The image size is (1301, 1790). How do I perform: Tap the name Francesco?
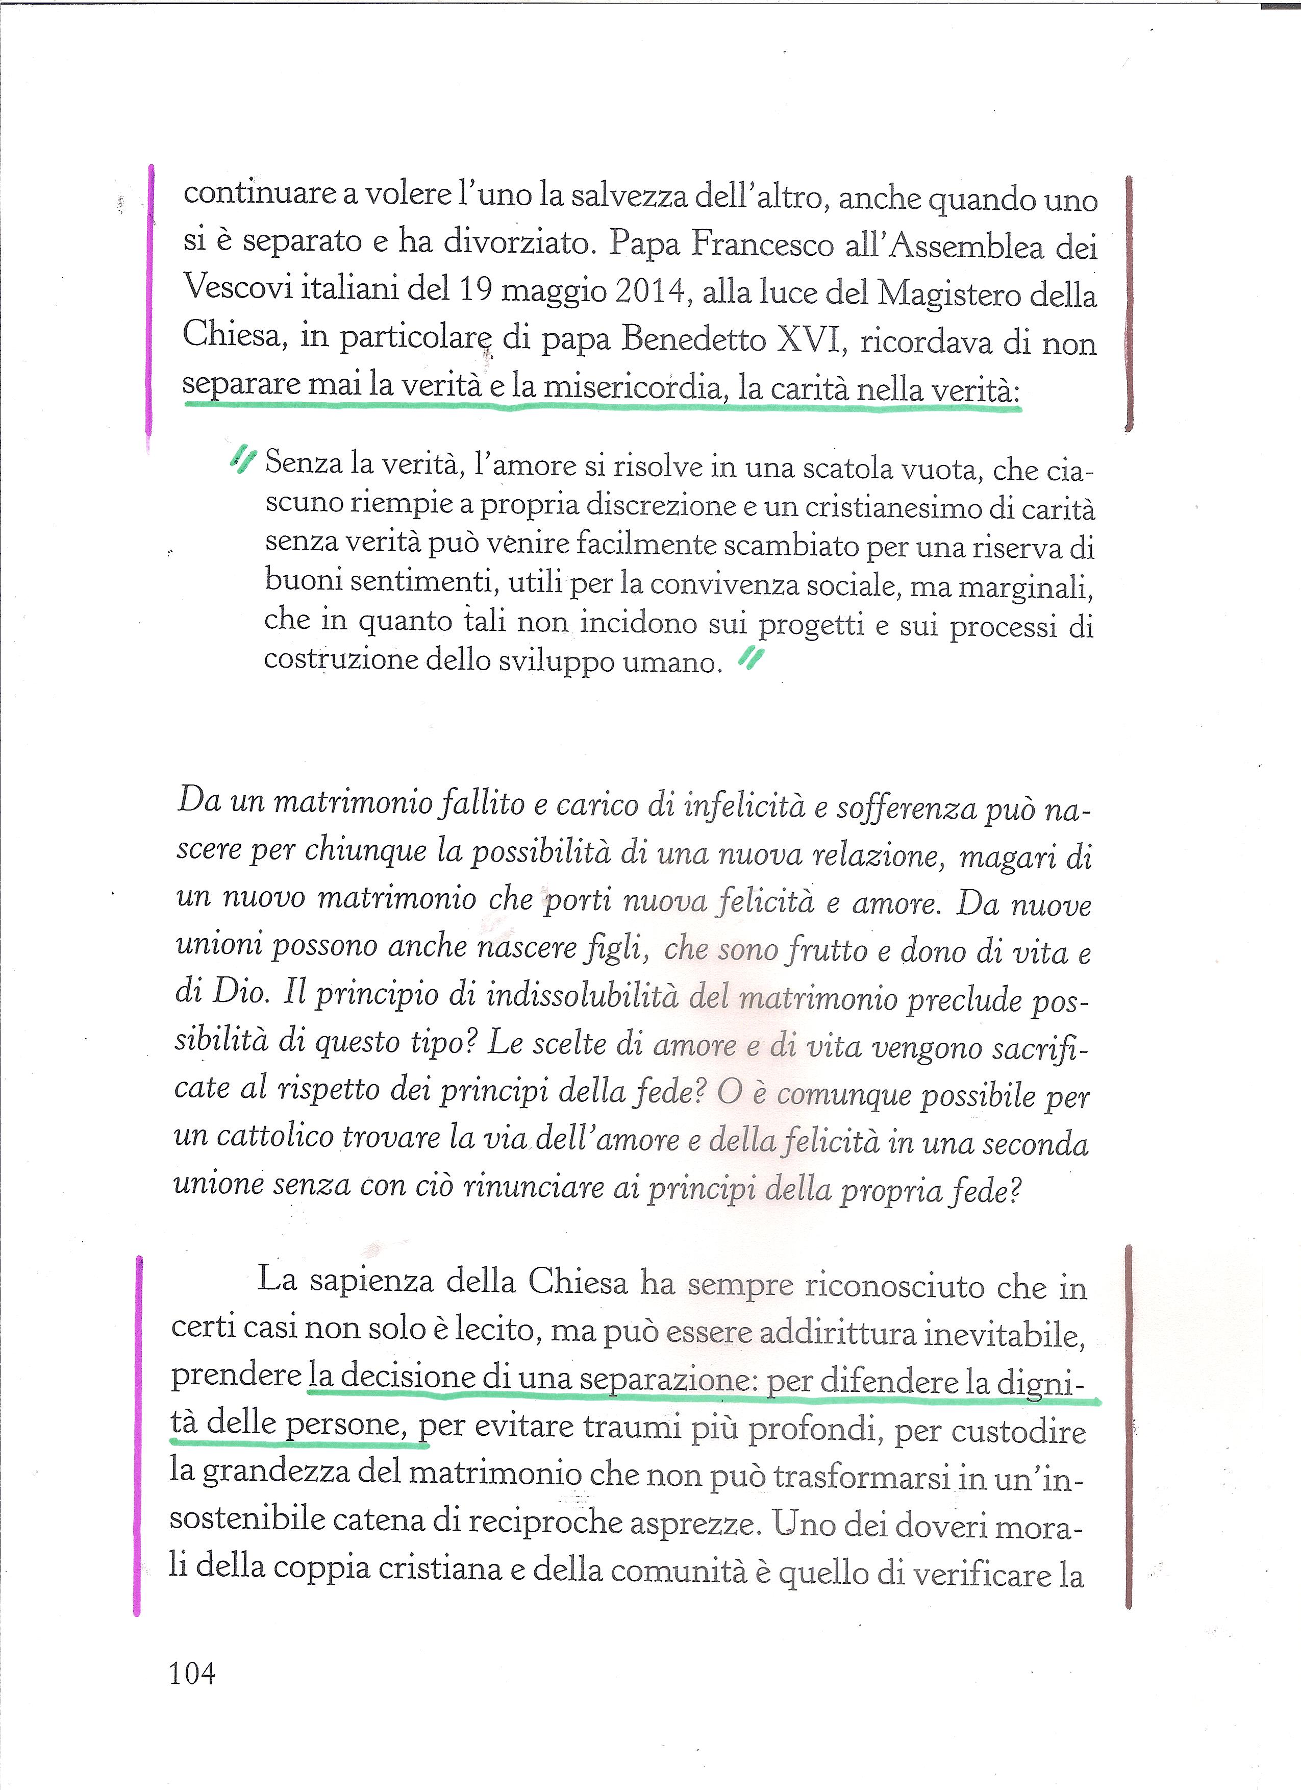pyautogui.click(x=762, y=244)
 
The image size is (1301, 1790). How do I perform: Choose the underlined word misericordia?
pyautogui.click(x=635, y=387)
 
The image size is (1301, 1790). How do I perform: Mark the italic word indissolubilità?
pyautogui.click(x=582, y=995)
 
